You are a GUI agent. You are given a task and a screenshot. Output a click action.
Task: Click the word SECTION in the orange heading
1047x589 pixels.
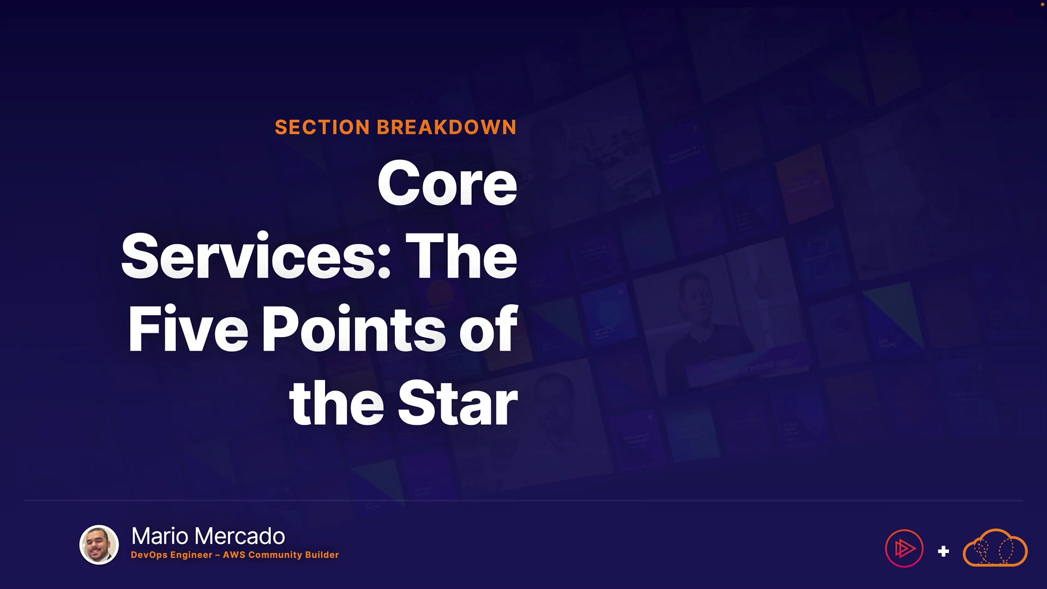click(322, 128)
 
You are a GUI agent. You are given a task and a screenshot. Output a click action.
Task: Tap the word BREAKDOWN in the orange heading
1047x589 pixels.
click(447, 128)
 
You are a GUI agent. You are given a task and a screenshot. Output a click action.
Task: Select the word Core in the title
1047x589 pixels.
click(447, 184)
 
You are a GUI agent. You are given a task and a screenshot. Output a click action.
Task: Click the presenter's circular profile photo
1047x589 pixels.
click(99, 545)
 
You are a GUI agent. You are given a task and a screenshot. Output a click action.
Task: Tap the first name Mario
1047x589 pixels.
click(161, 537)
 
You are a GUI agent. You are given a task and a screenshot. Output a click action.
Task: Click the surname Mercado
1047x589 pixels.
click(240, 537)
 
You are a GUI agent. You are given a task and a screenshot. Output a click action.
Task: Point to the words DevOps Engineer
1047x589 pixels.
click(172, 555)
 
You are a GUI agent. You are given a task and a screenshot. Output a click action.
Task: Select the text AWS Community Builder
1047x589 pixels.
click(281, 555)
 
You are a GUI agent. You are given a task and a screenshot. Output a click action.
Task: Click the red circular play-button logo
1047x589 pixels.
click(904, 549)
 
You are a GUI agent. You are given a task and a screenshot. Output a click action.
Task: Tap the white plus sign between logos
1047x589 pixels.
click(943, 552)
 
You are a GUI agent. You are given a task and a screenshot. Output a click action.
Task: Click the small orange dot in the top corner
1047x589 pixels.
click(1043, 4)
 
